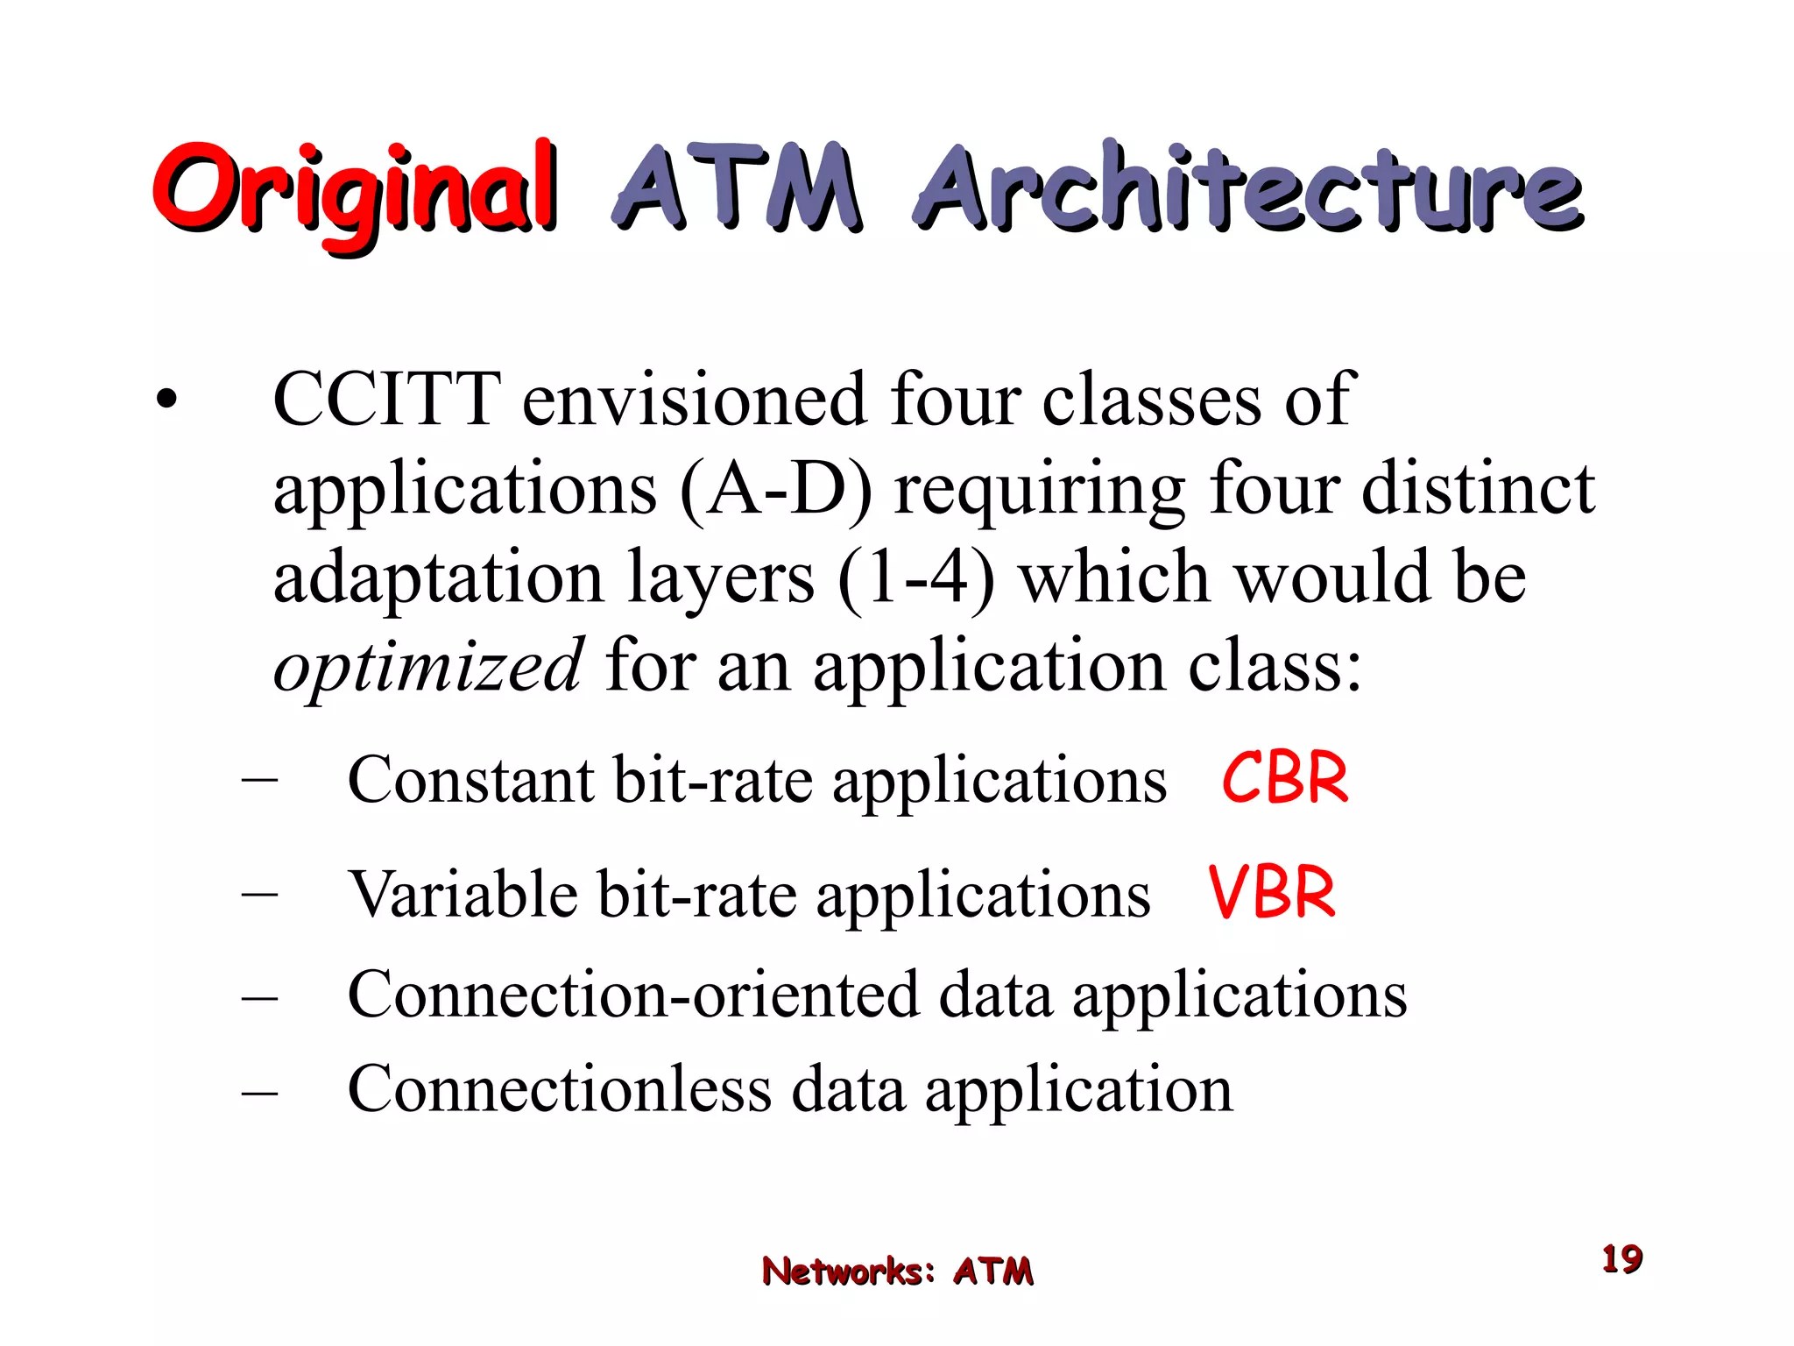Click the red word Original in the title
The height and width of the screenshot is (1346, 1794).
pos(355,190)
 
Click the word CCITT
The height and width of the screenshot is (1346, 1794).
pos(387,400)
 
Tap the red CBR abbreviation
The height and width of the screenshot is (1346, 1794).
pos(1284,778)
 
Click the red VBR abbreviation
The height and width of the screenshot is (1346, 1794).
pos(1271,893)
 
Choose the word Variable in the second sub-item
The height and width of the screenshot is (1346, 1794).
pos(463,895)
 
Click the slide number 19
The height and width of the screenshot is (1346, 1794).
pos(1621,1259)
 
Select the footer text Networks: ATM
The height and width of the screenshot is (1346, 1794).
pos(897,1271)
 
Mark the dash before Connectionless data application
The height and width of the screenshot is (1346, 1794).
pos(259,1092)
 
